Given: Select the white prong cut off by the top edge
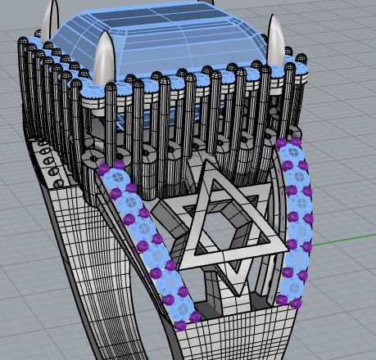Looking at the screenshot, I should [54, 15].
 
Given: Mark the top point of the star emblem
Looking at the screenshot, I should [207, 164].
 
